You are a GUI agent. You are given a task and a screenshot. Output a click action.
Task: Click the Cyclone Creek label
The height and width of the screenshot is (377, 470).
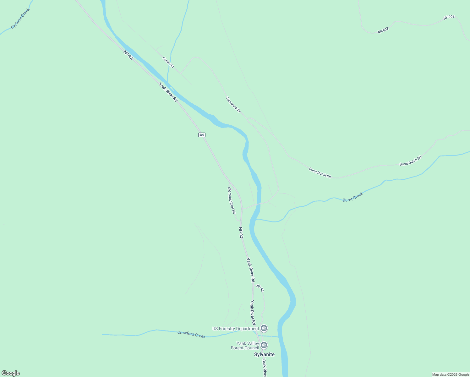click(x=20, y=19)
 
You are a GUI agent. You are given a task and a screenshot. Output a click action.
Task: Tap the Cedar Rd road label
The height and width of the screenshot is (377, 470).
click(x=168, y=62)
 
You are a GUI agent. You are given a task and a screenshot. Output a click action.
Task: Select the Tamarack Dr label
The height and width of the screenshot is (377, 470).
click(x=233, y=105)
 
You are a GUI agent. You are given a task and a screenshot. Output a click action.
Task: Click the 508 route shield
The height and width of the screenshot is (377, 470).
click(x=202, y=135)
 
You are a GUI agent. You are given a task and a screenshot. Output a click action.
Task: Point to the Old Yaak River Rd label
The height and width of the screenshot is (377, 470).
click(x=232, y=200)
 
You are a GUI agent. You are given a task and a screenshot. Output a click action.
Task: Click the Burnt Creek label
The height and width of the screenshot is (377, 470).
click(x=353, y=197)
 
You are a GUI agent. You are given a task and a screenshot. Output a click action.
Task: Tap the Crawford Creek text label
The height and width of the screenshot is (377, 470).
click(x=191, y=334)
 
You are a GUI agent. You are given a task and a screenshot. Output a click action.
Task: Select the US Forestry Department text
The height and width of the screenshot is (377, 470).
click(x=236, y=329)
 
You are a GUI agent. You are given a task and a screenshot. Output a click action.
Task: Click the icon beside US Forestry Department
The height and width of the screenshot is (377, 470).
click(x=264, y=329)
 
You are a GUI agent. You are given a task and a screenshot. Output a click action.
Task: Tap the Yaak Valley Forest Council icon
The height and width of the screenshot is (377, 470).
click(x=264, y=346)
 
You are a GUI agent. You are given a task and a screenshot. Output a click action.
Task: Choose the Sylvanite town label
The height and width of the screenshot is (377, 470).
click(x=264, y=354)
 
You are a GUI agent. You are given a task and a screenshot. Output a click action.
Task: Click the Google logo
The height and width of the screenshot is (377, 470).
click(x=11, y=373)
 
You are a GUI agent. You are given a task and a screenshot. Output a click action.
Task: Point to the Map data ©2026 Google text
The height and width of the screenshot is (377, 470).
click(x=451, y=374)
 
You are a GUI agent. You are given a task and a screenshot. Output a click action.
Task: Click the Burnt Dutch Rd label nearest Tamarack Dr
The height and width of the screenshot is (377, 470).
click(x=320, y=173)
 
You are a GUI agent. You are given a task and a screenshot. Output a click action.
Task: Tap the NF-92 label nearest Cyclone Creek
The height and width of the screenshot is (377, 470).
click(x=128, y=55)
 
